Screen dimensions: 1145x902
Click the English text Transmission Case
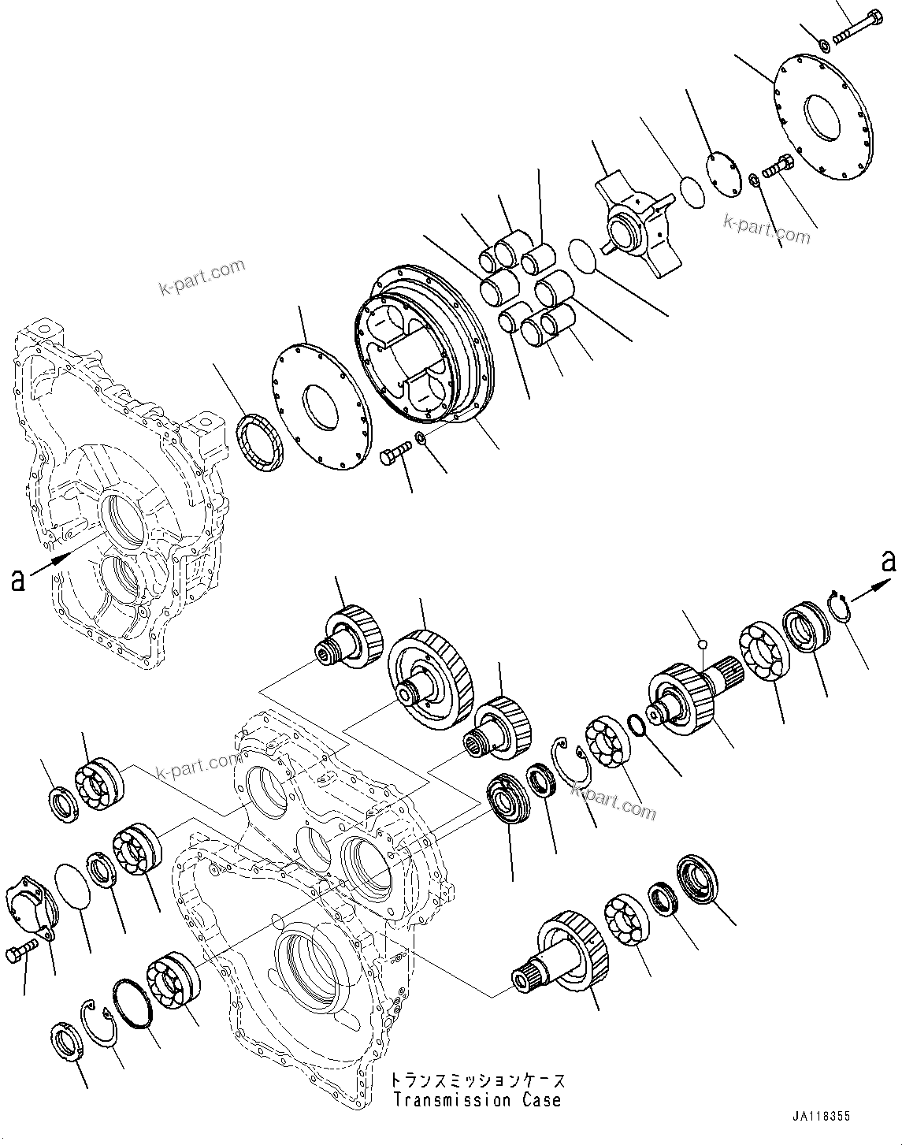477,1099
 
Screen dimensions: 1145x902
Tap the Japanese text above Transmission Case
477,1080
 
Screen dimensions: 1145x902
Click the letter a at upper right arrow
889,562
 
